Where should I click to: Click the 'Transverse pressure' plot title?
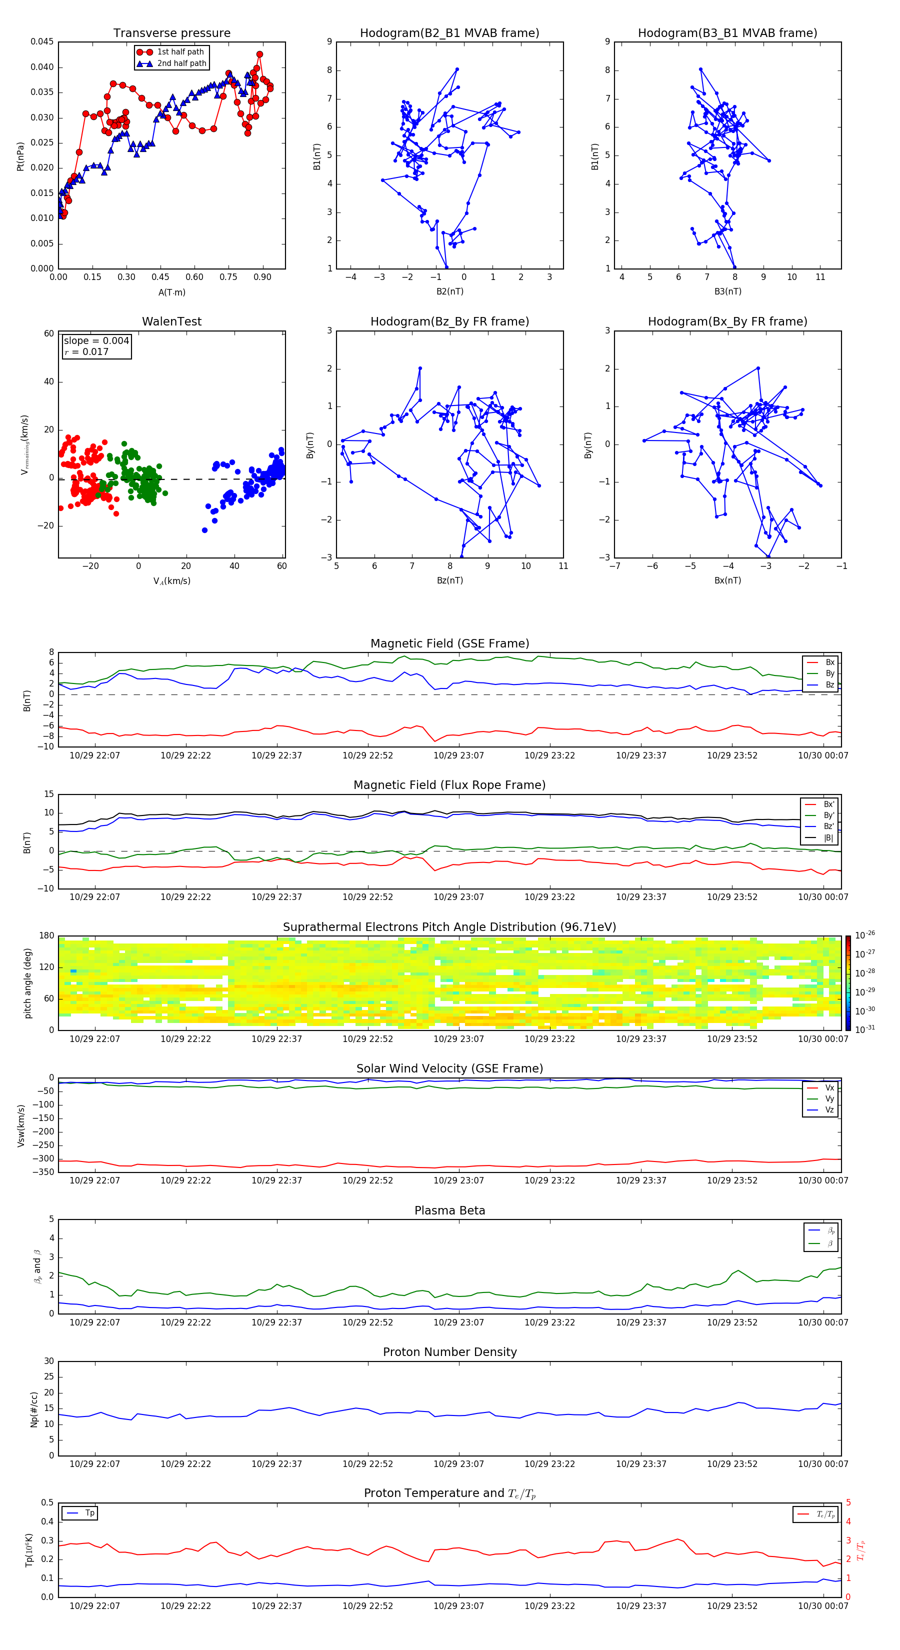171,33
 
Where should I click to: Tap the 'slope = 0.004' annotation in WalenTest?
96,341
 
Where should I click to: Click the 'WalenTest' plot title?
171,321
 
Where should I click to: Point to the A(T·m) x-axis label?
171,292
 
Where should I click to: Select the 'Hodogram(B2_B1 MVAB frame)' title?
449,33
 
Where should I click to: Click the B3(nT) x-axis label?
727,291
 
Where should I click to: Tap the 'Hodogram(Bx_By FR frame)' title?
727,321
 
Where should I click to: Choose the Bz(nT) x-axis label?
449,580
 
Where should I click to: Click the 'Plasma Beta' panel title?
449,1210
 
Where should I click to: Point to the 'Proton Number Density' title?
449,1352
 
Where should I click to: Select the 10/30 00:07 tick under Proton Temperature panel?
822,1606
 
